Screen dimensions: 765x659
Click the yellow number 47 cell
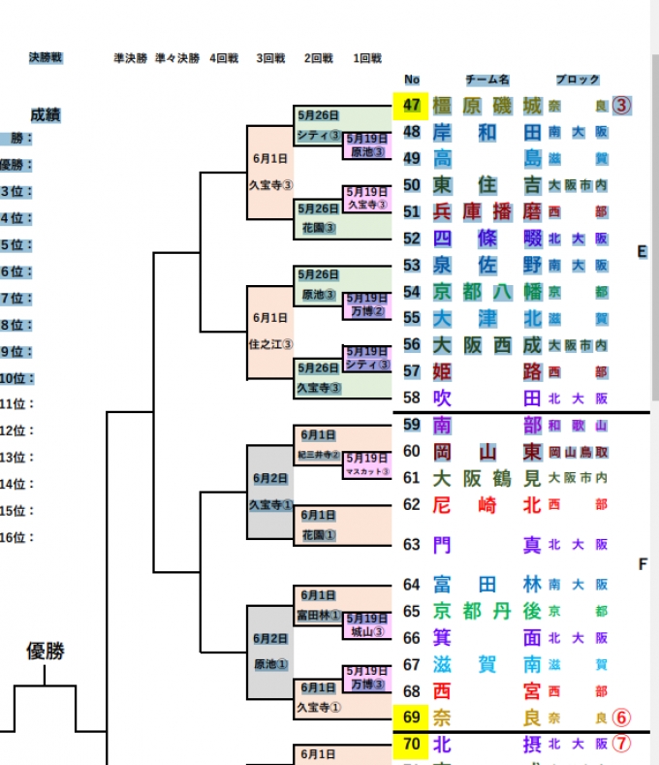pyautogui.click(x=411, y=106)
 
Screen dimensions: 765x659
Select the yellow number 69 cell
pyautogui.click(x=411, y=718)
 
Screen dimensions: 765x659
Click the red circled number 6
pyautogui.click(x=621, y=718)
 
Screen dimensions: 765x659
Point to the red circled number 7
pyautogui.click(x=621, y=745)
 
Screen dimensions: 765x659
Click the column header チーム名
pyautogui.click(x=487, y=80)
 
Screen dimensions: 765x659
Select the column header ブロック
pyautogui.click(x=578, y=80)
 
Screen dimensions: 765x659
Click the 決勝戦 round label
pyautogui.click(x=46, y=58)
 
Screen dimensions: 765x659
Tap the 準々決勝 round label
pyautogui.click(x=177, y=58)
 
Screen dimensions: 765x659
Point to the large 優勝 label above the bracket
pyautogui.click(x=45, y=652)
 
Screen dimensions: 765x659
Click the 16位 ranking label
pyautogui.click(x=17, y=537)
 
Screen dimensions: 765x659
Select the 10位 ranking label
pyautogui.click(x=17, y=378)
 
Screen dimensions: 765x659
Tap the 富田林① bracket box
pyautogui.click(x=318, y=615)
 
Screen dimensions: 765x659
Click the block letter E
pyautogui.click(x=642, y=252)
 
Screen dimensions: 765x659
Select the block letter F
pyautogui.click(x=642, y=563)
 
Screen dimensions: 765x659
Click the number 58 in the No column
pyautogui.click(x=411, y=398)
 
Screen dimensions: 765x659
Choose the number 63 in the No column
pyautogui.click(x=411, y=545)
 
